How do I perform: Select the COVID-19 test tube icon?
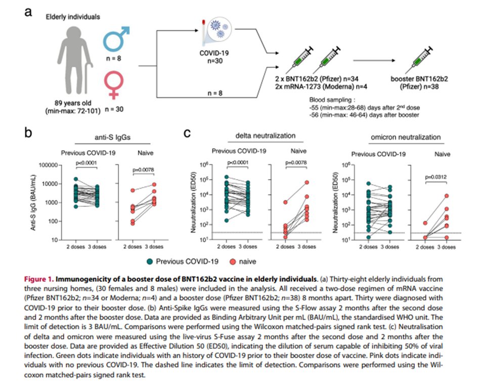(x=208, y=32)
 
